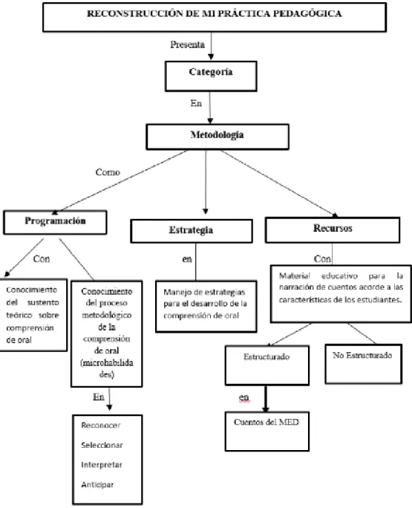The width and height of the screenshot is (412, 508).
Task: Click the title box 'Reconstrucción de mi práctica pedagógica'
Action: [215, 17]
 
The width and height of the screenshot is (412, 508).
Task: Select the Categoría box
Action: [211, 76]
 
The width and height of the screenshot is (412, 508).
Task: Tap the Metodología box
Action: [218, 137]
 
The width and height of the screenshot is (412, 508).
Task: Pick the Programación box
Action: [55, 222]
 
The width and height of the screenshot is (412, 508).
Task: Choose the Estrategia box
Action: [192, 231]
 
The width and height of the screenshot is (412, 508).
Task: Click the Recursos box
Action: [333, 229]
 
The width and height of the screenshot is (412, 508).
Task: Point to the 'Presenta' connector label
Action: [188, 45]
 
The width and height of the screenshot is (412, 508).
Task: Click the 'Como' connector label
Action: [108, 172]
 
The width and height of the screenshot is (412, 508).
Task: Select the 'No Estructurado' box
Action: [364, 364]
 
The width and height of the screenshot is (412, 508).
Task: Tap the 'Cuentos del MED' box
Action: [267, 432]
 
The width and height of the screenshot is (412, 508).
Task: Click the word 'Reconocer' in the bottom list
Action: [101, 425]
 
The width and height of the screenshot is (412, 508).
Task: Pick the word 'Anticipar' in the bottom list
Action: [97, 485]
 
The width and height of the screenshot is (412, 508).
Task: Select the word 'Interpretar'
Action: [102, 465]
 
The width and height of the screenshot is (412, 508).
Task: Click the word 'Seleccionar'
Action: [102, 445]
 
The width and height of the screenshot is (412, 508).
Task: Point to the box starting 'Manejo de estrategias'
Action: [206, 307]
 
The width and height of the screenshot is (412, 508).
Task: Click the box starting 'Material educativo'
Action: [341, 294]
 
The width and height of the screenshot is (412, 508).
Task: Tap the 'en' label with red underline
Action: [244, 397]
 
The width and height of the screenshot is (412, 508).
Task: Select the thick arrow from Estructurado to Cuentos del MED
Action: [266, 399]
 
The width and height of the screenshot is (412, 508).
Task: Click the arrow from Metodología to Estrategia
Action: [206, 182]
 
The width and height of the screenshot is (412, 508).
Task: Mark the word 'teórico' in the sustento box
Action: [19, 315]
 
